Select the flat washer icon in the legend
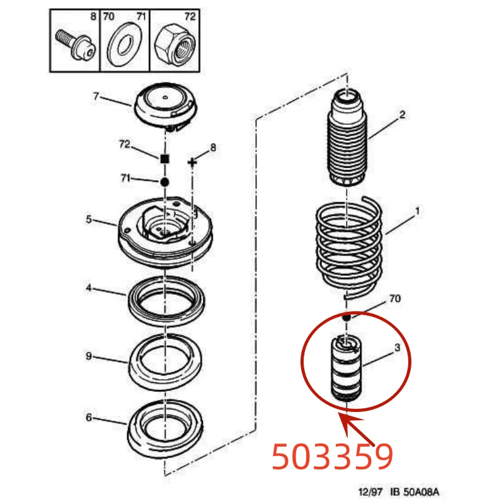(x=124, y=46)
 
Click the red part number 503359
(x=333, y=457)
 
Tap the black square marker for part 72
(x=164, y=159)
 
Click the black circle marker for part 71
(x=164, y=182)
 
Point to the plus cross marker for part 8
(x=193, y=163)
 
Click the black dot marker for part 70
(x=345, y=319)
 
